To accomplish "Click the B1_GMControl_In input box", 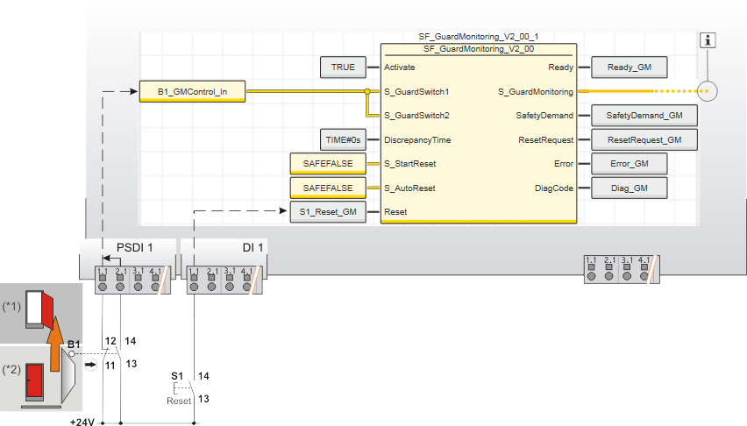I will tap(193, 90).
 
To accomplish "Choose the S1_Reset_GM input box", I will tap(328, 212).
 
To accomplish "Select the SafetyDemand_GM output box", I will tap(637, 115).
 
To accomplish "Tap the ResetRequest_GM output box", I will tap(637, 139).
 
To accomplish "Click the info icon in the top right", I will tap(708, 40).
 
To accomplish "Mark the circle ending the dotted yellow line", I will tap(708, 90).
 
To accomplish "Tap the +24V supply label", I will tap(82, 421).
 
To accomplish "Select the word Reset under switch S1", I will tap(179, 401).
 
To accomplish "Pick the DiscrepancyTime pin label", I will tap(416, 139).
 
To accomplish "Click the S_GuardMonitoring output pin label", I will tap(535, 91).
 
